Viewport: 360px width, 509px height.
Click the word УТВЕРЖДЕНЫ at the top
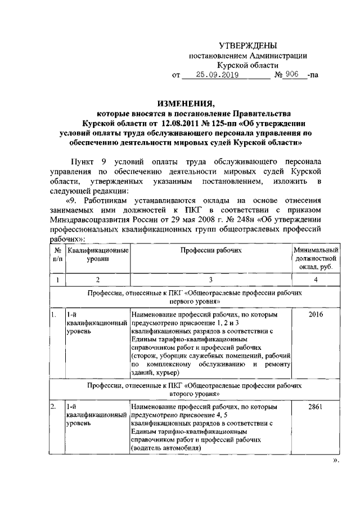click(247, 46)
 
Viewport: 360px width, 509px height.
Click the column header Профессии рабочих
click(210, 250)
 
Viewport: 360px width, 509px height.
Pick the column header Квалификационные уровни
click(97, 254)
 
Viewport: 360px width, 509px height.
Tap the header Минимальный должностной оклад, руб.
click(316, 258)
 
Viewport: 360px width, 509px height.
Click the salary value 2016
click(316, 316)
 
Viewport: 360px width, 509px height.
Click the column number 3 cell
click(210, 280)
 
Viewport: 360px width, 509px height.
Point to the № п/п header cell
click(57, 254)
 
